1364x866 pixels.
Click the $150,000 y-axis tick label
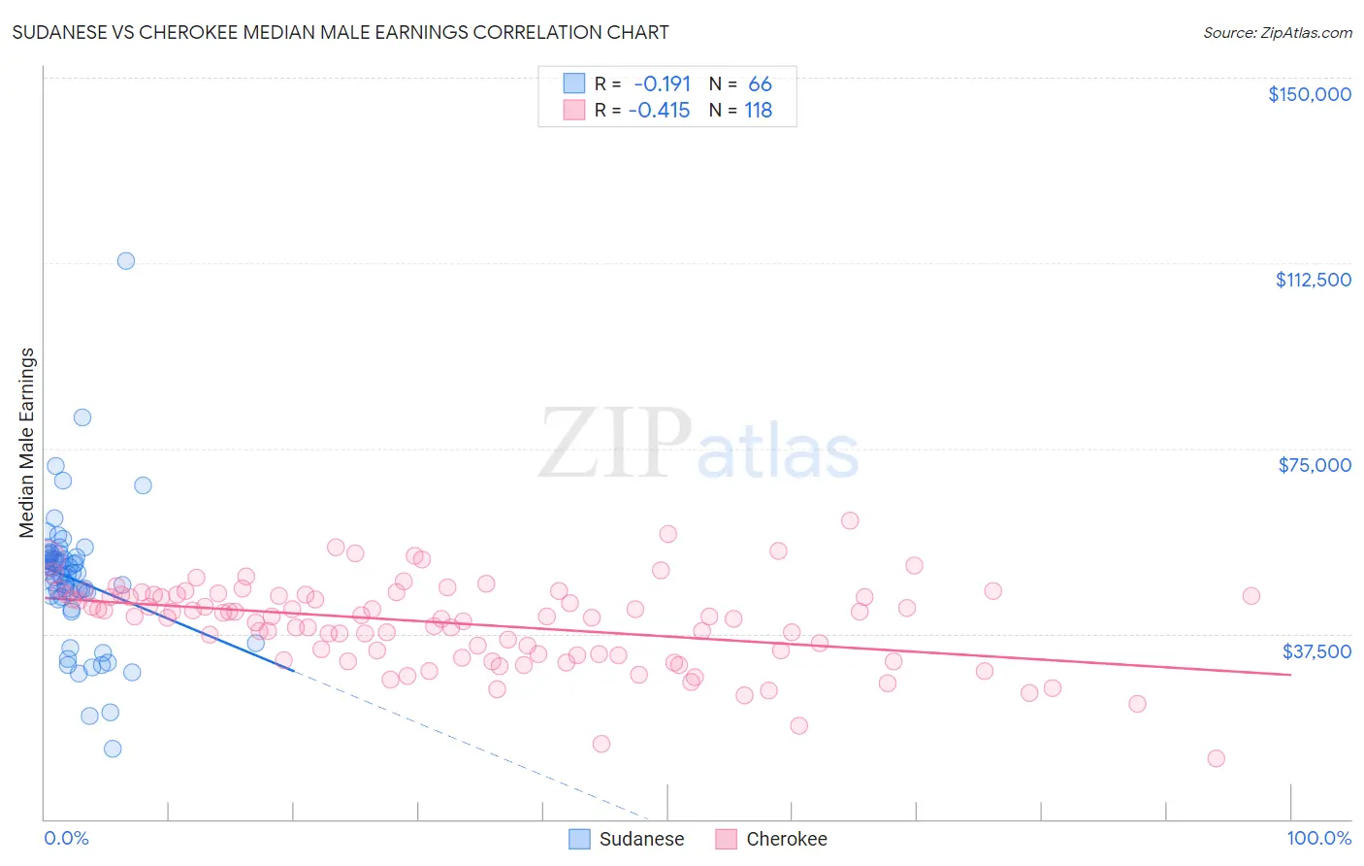point(1309,94)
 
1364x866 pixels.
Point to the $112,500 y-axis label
point(1313,280)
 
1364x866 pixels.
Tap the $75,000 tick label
point(1315,465)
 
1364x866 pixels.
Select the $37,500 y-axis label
point(1316,651)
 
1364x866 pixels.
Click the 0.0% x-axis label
point(66,839)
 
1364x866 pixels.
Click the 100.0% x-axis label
point(1318,839)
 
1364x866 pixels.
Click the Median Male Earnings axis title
point(27,443)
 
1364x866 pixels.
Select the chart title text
point(341,32)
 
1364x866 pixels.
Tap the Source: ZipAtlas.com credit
point(1277,32)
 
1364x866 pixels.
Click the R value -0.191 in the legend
point(662,84)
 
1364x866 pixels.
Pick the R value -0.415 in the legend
point(659,111)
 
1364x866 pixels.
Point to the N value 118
point(758,111)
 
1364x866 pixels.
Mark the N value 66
point(760,84)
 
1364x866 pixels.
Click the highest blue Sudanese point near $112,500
point(126,260)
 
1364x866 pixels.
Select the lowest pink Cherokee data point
point(1216,758)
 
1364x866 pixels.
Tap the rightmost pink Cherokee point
point(1250,596)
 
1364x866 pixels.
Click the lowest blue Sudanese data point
point(113,749)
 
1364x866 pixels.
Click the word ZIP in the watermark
point(615,445)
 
